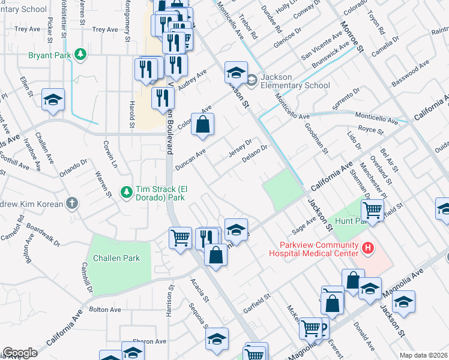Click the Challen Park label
pyautogui.click(x=116, y=258)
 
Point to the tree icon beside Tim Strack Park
pyautogui.click(x=126, y=191)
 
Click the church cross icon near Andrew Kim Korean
pyautogui.click(x=72, y=203)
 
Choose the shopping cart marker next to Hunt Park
pyautogui.click(x=373, y=210)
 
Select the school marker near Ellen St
pyautogui.click(x=53, y=100)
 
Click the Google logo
pyautogui.click(x=20, y=353)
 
